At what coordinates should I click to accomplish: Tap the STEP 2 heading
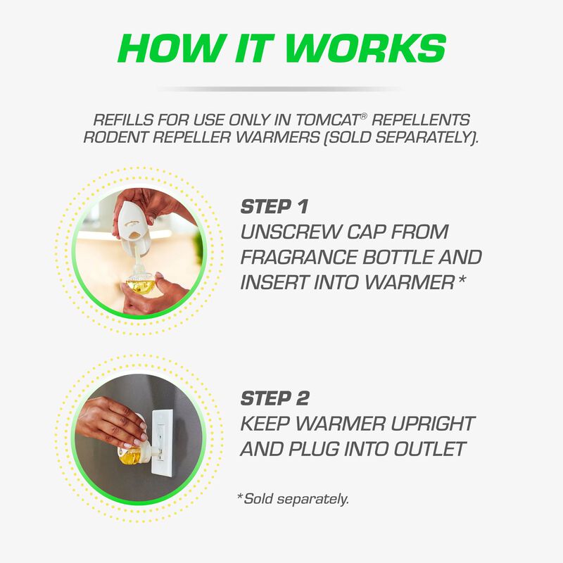pyautogui.click(x=274, y=398)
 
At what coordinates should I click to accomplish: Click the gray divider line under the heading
pyautogui.click(x=281, y=89)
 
